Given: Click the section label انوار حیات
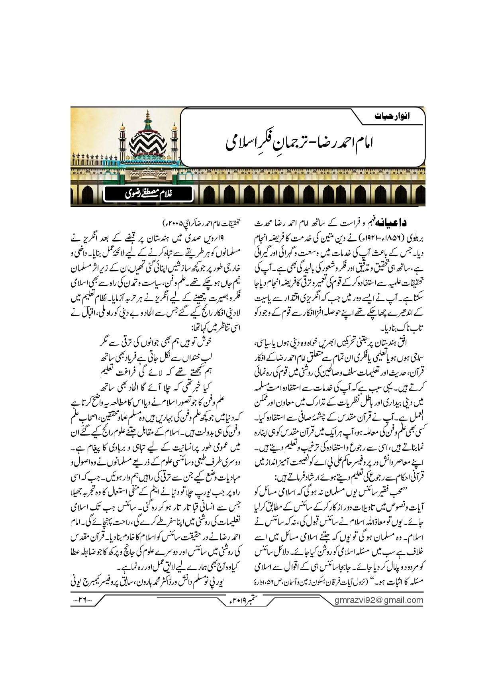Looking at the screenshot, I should pos(392,117).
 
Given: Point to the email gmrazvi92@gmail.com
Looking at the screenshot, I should pos(378,600).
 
